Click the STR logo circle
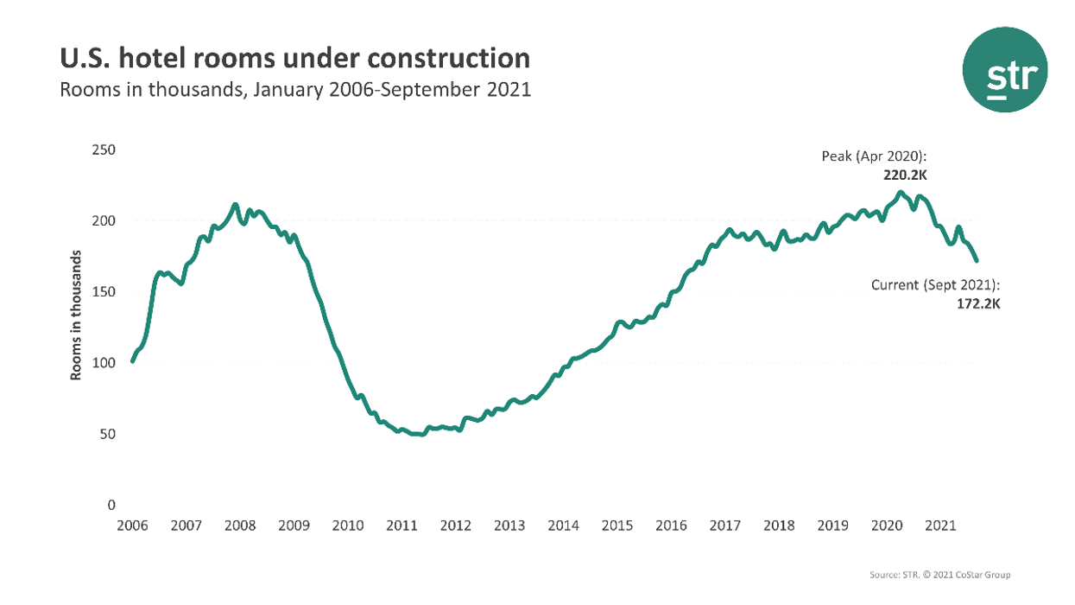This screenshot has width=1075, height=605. point(1005,70)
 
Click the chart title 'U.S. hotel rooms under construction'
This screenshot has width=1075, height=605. point(294,58)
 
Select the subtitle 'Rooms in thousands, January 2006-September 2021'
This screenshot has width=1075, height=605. point(294,90)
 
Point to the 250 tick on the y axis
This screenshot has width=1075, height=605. point(104,150)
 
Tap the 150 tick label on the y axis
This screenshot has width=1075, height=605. point(104,291)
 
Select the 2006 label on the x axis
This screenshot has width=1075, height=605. point(132,525)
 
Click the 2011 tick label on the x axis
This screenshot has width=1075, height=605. point(402,525)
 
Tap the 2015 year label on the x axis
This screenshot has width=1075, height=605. point(617,525)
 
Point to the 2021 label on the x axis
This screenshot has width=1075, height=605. point(940,525)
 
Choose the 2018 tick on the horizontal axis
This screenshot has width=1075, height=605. point(779,525)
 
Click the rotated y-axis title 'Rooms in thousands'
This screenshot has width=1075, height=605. point(77,315)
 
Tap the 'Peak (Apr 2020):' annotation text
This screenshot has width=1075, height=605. point(874,156)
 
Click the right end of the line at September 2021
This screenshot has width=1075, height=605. point(977,260)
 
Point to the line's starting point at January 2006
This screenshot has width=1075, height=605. point(132,361)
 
